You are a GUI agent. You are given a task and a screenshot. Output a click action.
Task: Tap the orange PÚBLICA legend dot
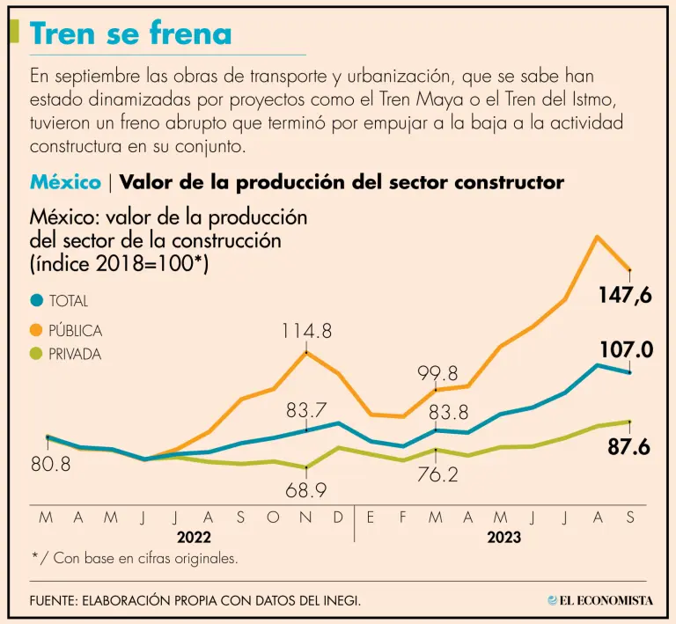[36, 330]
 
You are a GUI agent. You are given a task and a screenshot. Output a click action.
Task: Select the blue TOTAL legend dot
[36, 301]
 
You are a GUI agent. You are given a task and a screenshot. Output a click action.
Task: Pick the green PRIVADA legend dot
[36, 354]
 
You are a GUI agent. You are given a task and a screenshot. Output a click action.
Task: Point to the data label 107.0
[625, 350]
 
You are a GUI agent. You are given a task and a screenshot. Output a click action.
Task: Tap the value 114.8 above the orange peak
[306, 331]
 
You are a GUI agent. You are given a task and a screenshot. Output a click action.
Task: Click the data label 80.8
[51, 463]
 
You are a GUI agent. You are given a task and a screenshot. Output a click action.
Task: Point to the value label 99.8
[437, 372]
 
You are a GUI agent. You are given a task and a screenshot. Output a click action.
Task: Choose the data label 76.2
[437, 474]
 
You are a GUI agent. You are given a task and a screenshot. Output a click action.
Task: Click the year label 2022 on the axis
[193, 537]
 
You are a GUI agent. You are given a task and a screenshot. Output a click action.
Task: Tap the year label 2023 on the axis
[503, 537]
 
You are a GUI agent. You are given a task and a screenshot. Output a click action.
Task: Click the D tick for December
[338, 518]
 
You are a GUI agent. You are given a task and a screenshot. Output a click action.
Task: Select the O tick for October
[273, 518]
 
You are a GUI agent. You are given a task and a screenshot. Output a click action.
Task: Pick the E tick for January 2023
[371, 518]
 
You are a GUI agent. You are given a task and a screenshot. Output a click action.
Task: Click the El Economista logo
[599, 600]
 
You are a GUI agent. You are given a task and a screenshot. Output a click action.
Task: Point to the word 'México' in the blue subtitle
[65, 182]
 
